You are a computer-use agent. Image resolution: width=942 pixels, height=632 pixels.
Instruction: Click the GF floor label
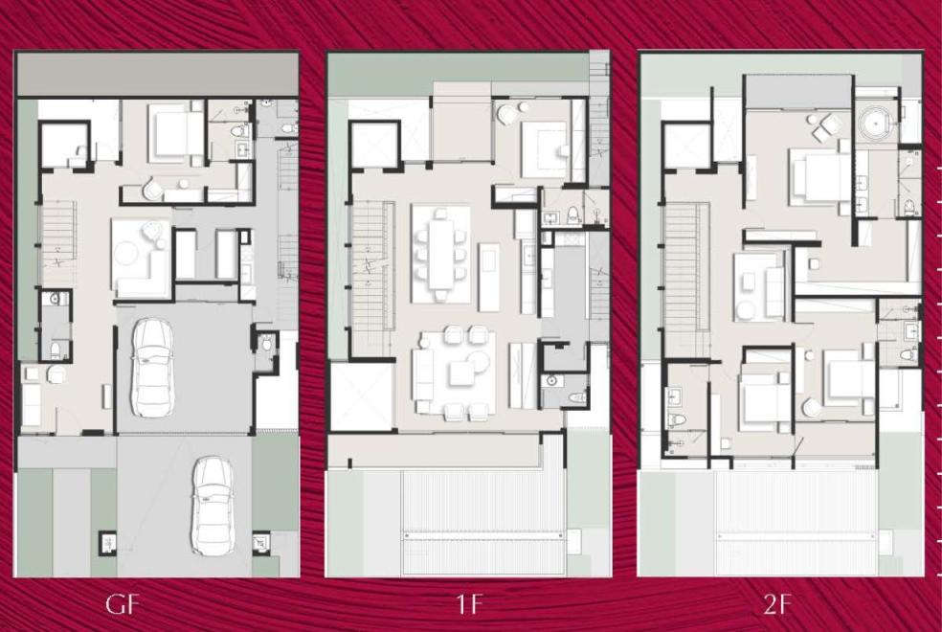[x=123, y=604]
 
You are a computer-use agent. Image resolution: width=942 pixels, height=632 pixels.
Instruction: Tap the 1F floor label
[x=469, y=604]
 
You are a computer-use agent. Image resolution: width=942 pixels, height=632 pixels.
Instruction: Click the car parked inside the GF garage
[x=152, y=367]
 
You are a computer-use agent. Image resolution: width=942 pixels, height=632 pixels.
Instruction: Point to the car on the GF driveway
[x=213, y=507]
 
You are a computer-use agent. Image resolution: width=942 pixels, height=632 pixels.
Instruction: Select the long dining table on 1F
[x=441, y=254]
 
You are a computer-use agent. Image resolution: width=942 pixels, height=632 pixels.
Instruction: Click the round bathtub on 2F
[x=877, y=124]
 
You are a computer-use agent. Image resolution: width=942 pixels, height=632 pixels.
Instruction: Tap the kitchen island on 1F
[x=489, y=277]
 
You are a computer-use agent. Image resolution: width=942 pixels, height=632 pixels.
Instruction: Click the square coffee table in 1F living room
[x=462, y=374]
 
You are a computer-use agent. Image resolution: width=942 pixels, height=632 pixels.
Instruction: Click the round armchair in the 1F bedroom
[x=506, y=114]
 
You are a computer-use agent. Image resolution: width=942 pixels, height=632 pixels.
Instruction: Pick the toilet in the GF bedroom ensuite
[x=239, y=130]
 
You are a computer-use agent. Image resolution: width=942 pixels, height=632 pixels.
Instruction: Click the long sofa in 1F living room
[x=423, y=374]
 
